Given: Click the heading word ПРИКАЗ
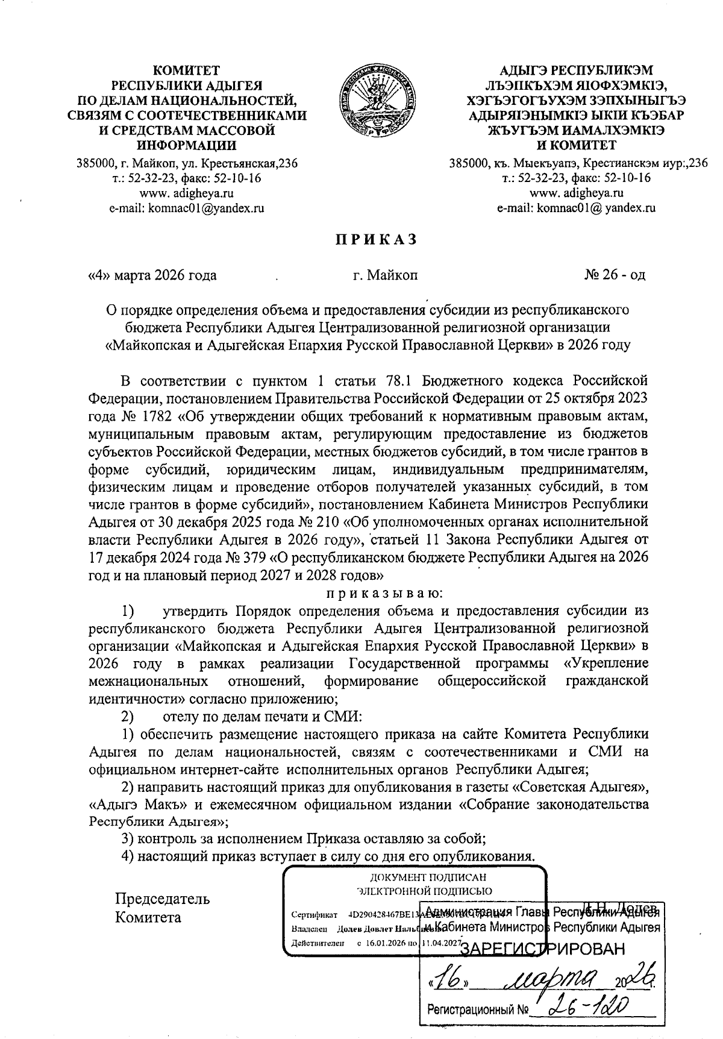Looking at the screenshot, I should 376,240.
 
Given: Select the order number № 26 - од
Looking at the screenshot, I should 614,275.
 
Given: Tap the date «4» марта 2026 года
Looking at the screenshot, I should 152,276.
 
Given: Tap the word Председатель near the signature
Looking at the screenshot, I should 163,899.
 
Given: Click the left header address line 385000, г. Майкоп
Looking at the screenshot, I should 187,163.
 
